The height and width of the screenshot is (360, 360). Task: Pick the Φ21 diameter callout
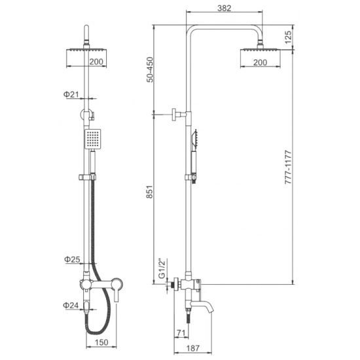click(71, 95)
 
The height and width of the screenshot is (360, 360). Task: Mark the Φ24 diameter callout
click(71, 305)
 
